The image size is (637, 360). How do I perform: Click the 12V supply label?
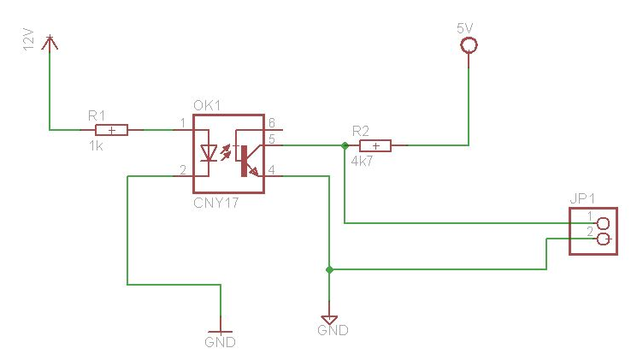(x=27, y=40)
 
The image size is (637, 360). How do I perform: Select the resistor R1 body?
(x=111, y=130)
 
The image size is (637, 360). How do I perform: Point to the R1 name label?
(x=97, y=115)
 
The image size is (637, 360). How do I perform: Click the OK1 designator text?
(x=208, y=106)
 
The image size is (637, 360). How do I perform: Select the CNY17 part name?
(x=215, y=204)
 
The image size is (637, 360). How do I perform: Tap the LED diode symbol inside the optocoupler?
(x=208, y=153)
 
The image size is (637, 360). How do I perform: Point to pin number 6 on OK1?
(x=271, y=122)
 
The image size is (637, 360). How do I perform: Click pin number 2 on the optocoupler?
(x=183, y=169)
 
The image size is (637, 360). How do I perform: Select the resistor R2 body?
(x=375, y=145)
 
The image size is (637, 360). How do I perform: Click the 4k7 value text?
(x=362, y=160)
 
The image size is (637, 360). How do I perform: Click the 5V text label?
(x=465, y=27)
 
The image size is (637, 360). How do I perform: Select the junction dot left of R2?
(x=345, y=145)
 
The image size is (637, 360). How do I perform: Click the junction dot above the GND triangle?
(x=329, y=269)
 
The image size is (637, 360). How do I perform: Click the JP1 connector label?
(x=581, y=198)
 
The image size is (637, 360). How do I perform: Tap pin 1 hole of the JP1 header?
(x=605, y=223)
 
